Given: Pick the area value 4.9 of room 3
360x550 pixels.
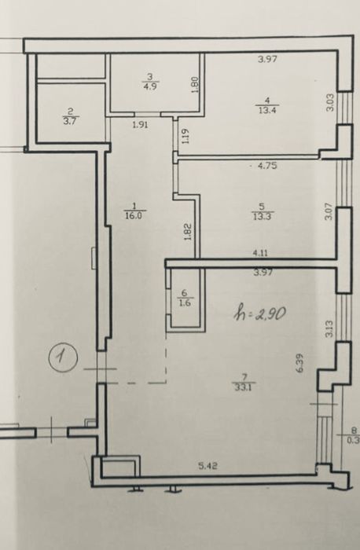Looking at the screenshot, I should [x=150, y=86].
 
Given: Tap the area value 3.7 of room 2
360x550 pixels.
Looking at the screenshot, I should [x=70, y=122].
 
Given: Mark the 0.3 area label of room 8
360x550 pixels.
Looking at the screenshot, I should [x=353, y=441].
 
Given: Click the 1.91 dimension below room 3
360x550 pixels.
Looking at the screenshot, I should [x=140, y=124].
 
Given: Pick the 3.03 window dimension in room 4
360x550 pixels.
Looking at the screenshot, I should [x=330, y=103].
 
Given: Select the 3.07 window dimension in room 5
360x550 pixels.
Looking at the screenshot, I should [x=330, y=211].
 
